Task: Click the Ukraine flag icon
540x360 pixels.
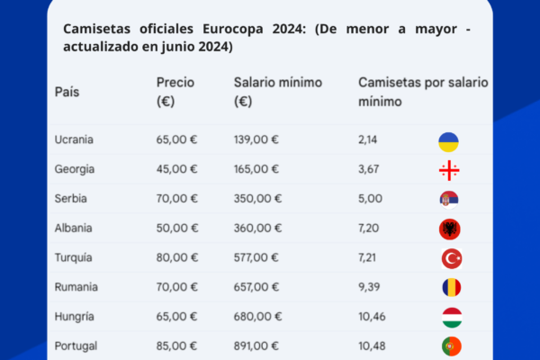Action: click(x=448, y=142)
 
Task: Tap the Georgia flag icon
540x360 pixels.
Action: click(x=449, y=170)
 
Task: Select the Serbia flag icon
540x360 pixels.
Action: click(x=449, y=200)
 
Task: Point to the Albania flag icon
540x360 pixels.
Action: click(x=450, y=229)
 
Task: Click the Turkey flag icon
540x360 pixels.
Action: click(x=452, y=258)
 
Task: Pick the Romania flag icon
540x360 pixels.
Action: click(x=452, y=287)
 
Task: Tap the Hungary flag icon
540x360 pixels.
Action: click(x=452, y=318)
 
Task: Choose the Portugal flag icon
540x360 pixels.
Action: click(x=452, y=346)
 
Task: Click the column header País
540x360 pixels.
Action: click(x=67, y=92)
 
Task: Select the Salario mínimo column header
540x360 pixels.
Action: click(x=278, y=92)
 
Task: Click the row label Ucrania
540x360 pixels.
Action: click(x=74, y=139)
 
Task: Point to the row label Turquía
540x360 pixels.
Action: click(x=74, y=257)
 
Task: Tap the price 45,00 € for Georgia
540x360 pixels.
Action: click(x=176, y=169)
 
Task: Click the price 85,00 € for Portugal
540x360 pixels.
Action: click(x=176, y=346)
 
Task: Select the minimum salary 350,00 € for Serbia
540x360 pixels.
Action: click(x=257, y=198)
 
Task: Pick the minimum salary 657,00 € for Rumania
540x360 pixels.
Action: click(x=256, y=287)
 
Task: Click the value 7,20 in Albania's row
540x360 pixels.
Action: click(x=368, y=228)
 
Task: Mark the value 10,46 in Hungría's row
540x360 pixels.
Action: click(x=372, y=317)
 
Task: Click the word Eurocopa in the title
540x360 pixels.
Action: click(x=233, y=29)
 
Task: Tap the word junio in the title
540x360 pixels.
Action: click(x=178, y=47)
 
